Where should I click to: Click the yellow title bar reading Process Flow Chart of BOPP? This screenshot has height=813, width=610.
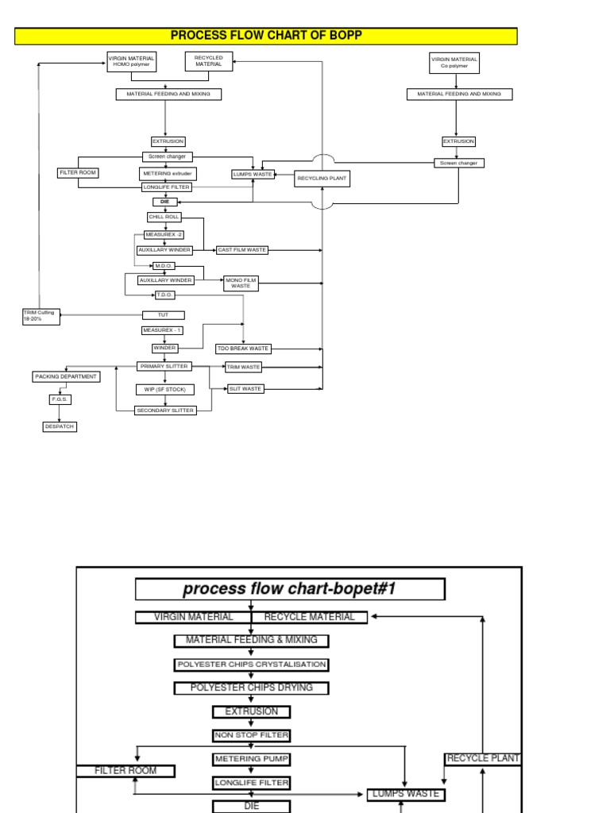[266, 36]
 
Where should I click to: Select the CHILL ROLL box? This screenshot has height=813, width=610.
[164, 217]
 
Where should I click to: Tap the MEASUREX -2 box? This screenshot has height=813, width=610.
[164, 235]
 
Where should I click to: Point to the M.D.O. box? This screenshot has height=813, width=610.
[164, 266]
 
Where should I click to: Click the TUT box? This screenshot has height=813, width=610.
[164, 315]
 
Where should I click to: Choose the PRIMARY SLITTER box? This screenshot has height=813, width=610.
[164, 366]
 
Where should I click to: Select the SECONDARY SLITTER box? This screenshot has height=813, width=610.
[164, 410]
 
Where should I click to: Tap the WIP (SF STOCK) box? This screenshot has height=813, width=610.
[164, 389]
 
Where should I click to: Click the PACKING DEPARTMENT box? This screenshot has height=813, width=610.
[67, 376]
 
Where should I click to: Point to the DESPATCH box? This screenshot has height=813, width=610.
[60, 426]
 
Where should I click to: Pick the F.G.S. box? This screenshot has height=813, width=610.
[60, 400]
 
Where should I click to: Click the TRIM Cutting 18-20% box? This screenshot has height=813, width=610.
[41, 316]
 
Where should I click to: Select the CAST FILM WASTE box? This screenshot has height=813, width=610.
[242, 250]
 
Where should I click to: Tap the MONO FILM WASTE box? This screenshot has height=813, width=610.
[241, 283]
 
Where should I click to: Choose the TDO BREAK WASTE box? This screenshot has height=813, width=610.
[243, 348]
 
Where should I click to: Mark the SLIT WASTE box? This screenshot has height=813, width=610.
[245, 389]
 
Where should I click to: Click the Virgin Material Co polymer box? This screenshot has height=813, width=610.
[454, 63]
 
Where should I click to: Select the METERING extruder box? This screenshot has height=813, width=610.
[167, 173]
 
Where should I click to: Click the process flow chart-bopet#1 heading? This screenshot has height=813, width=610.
[290, 589]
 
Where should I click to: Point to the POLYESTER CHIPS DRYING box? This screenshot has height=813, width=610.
[251, 688]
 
